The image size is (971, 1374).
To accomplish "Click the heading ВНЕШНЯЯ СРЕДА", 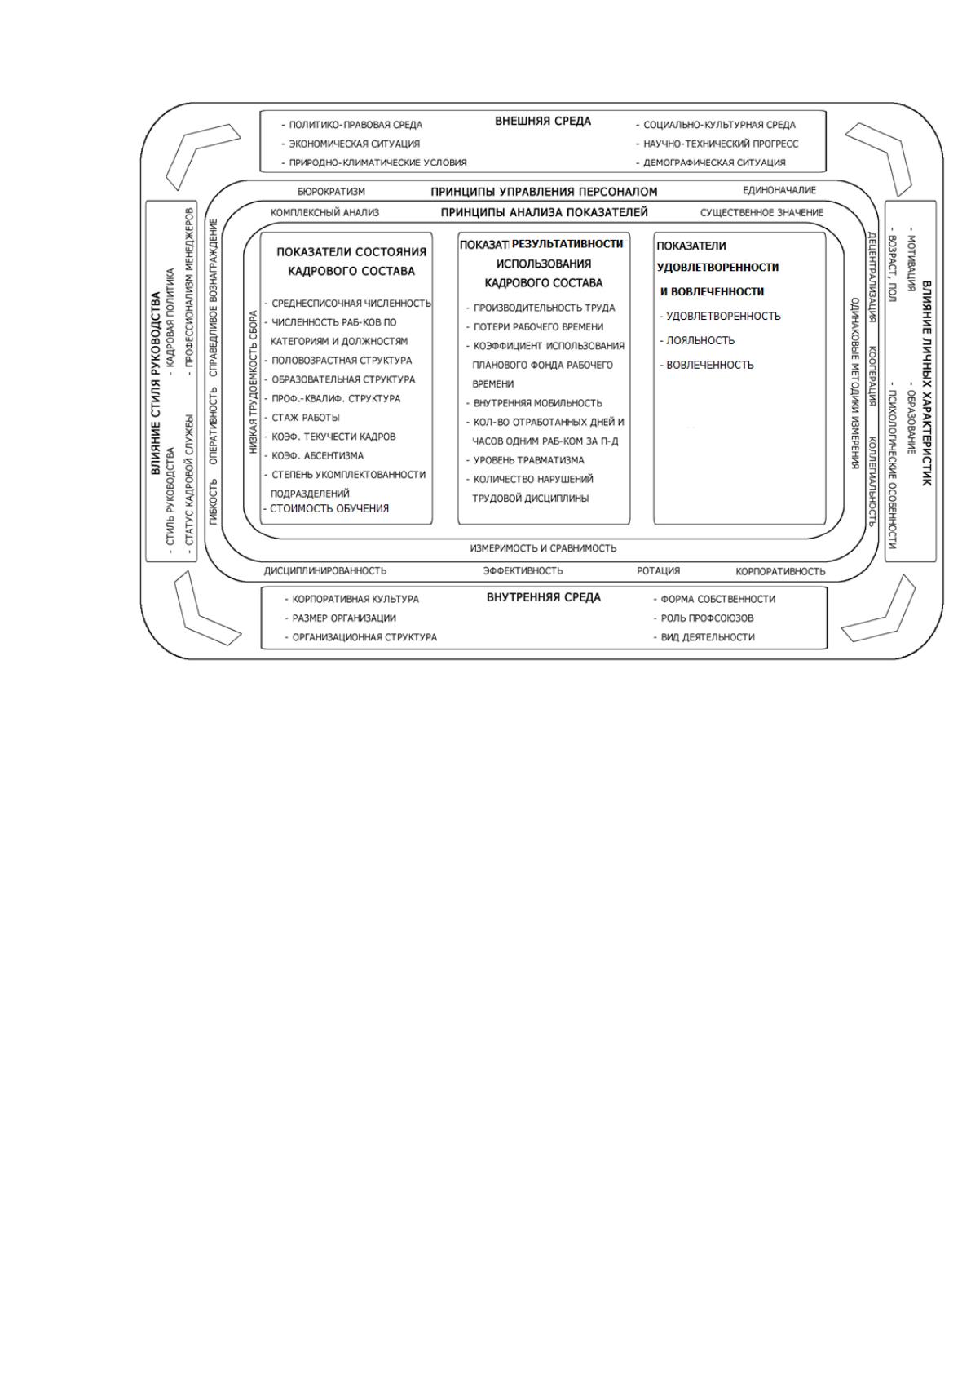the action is pos(542,122).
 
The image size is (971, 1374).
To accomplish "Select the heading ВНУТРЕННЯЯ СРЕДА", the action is pos(543,597).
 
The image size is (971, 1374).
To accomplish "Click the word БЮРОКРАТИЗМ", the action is pos(331,192).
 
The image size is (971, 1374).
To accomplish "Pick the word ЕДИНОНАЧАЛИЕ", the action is pos(779,190).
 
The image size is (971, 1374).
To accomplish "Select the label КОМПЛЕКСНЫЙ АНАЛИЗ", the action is pos(325,213).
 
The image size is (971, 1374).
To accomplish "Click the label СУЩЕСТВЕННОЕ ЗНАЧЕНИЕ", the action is pos(762,213).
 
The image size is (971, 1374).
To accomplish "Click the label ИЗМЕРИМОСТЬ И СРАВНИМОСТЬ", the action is pos(543,547).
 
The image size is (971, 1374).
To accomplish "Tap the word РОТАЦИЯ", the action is pos(659,571).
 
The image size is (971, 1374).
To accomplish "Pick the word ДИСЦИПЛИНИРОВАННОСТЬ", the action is pos(325,571).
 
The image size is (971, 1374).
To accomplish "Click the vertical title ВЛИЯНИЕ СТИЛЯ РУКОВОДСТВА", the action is pos(156,383).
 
